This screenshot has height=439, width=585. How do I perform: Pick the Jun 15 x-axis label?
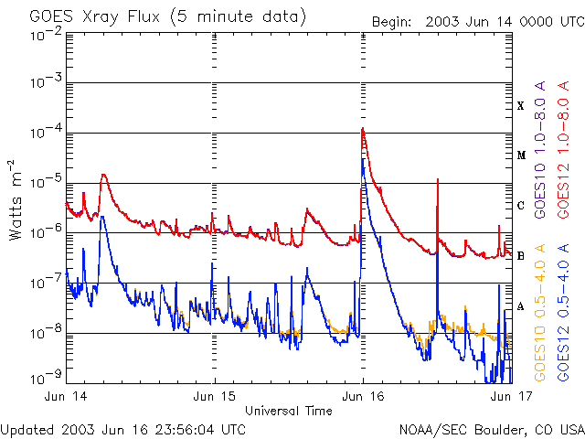click(x=214, y=397)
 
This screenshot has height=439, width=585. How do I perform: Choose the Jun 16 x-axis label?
click(x=363, y=397)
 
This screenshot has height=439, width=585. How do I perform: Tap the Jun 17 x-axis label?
click(x=508, y=397)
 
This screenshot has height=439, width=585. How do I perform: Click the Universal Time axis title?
click(x=288, y=411)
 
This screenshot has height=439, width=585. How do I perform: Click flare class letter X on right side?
click(x=520, y=106)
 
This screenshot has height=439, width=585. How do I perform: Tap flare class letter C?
click(x=520, y=206)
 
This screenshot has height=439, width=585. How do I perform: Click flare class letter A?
click(x=520, y=306)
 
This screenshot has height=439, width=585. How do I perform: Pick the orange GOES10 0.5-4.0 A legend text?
click(x=539, y=312)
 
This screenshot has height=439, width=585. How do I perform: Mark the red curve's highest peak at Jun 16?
click(x=363, y=129)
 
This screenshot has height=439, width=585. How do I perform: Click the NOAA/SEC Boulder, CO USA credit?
click(x=491, y=429)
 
